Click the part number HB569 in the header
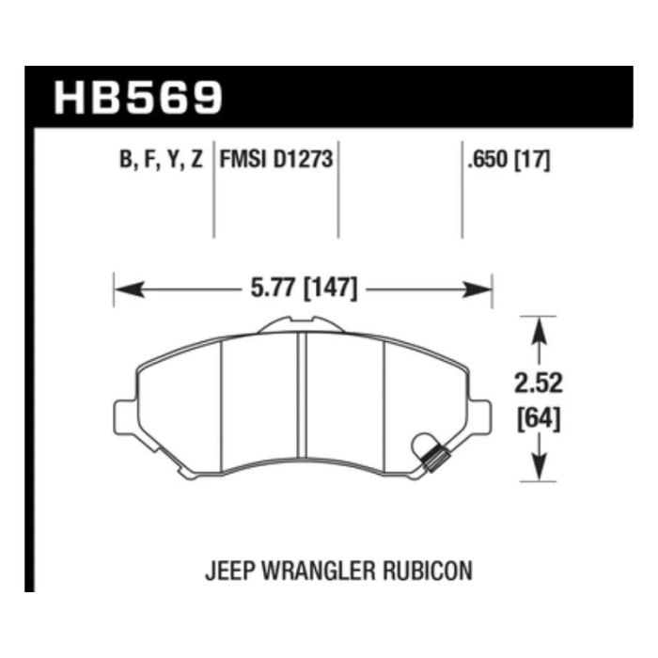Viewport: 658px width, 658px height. (137, 98)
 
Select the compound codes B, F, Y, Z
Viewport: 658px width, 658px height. (161, 160)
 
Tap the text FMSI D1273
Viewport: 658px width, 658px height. (276, 159)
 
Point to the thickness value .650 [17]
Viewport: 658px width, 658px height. (509, 160)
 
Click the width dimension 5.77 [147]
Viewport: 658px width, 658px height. (304, 289)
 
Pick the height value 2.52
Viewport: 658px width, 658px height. (539, 383)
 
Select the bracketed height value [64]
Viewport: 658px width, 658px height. (539, 418)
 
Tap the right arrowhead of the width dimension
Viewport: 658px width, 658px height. (477, 290)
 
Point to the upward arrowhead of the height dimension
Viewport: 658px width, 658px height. (539, 332)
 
